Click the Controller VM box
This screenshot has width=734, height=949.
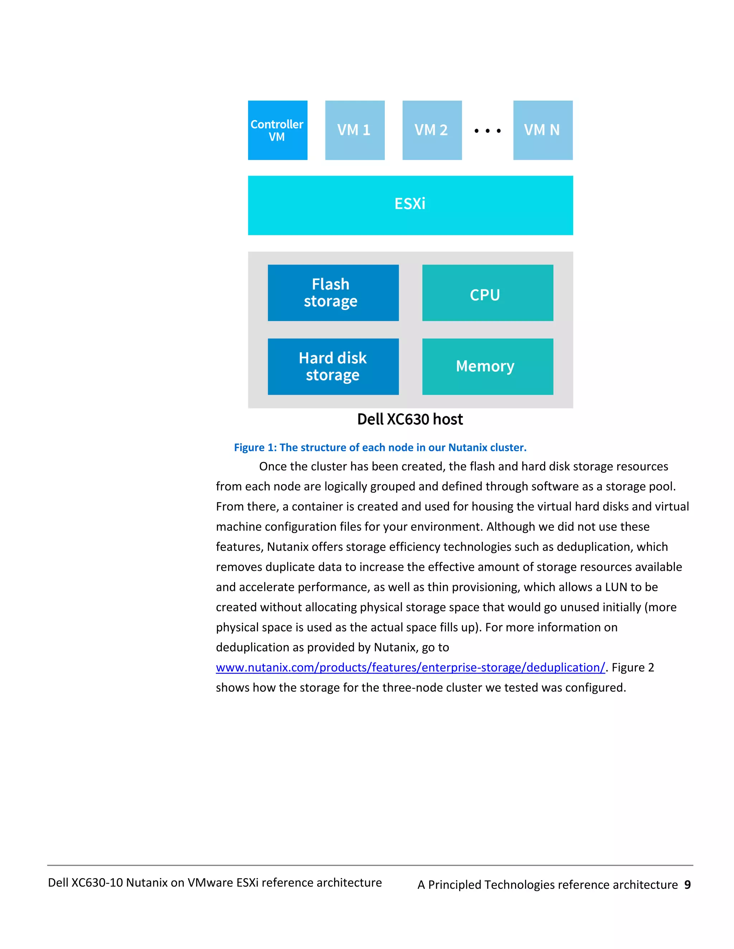tap(277, 130)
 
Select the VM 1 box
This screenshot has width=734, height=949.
tap(354, 130)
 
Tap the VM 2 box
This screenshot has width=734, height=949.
tap(432, 130)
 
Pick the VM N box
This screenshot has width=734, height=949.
tap(542, 130)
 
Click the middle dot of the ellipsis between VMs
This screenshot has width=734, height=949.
tap(487, 131)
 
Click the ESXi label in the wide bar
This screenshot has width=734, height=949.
tap(410, 204)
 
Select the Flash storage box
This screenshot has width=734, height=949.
tap(333, 293)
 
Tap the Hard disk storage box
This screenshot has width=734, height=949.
tap(333, 367)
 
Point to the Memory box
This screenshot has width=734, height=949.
tap(487, 367)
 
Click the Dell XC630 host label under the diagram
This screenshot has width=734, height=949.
tap(410, 419)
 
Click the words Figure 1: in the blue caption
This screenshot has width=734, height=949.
tap(255, 448)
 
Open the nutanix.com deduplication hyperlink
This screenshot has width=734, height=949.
tap(410, 668)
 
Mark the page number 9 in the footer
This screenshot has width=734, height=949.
tap(687, 885)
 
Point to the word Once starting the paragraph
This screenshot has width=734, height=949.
tap(273, 467)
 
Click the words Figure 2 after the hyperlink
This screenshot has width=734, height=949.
tap(633, 668)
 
